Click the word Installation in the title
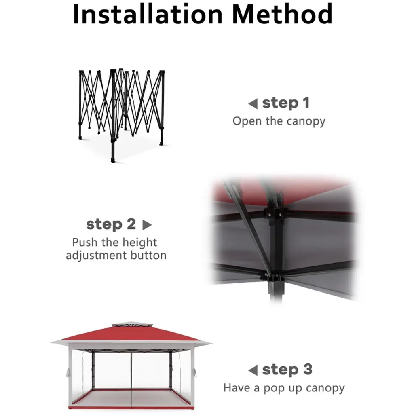point(148,14)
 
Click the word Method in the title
point(282,14)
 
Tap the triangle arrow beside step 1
point(253,103)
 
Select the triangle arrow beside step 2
point(147,225)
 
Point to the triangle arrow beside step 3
point(253,370)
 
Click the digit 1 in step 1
point(306,103)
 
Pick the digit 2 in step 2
point(131,224)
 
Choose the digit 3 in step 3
point(308,370)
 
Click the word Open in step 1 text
point(247,121)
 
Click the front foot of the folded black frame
point(113,160)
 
